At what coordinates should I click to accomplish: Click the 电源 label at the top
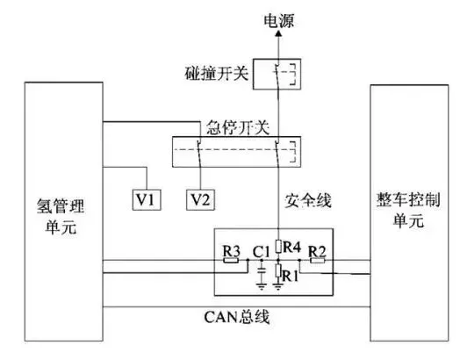tap(279, 21)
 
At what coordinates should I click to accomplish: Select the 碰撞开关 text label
tap(217, 73)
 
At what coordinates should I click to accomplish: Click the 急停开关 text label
tap(238, 127)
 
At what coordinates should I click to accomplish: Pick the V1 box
tap(147, 199)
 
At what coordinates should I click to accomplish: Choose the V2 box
tap(200, 199)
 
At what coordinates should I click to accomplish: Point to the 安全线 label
tap(307, 200)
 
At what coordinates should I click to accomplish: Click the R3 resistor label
tap(232, 251)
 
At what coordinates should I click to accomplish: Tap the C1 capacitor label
tap(261, 252)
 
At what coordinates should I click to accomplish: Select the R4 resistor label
tap(291, 247)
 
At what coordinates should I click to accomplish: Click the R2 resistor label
tap(317, 252)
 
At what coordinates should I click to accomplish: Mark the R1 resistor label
tap(290, 276)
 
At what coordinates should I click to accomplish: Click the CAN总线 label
tap(237, 317)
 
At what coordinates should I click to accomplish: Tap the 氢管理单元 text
tap(61, 217)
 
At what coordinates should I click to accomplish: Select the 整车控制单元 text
tap(408, 210)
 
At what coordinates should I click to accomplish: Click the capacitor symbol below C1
tap(262, 271)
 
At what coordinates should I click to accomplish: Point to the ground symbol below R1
tap(278, 287)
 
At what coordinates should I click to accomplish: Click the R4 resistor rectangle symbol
tap(278, 246)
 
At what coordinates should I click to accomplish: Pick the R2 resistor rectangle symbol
tap(318, 260)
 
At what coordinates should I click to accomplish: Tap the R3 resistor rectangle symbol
tap(231, 260)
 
